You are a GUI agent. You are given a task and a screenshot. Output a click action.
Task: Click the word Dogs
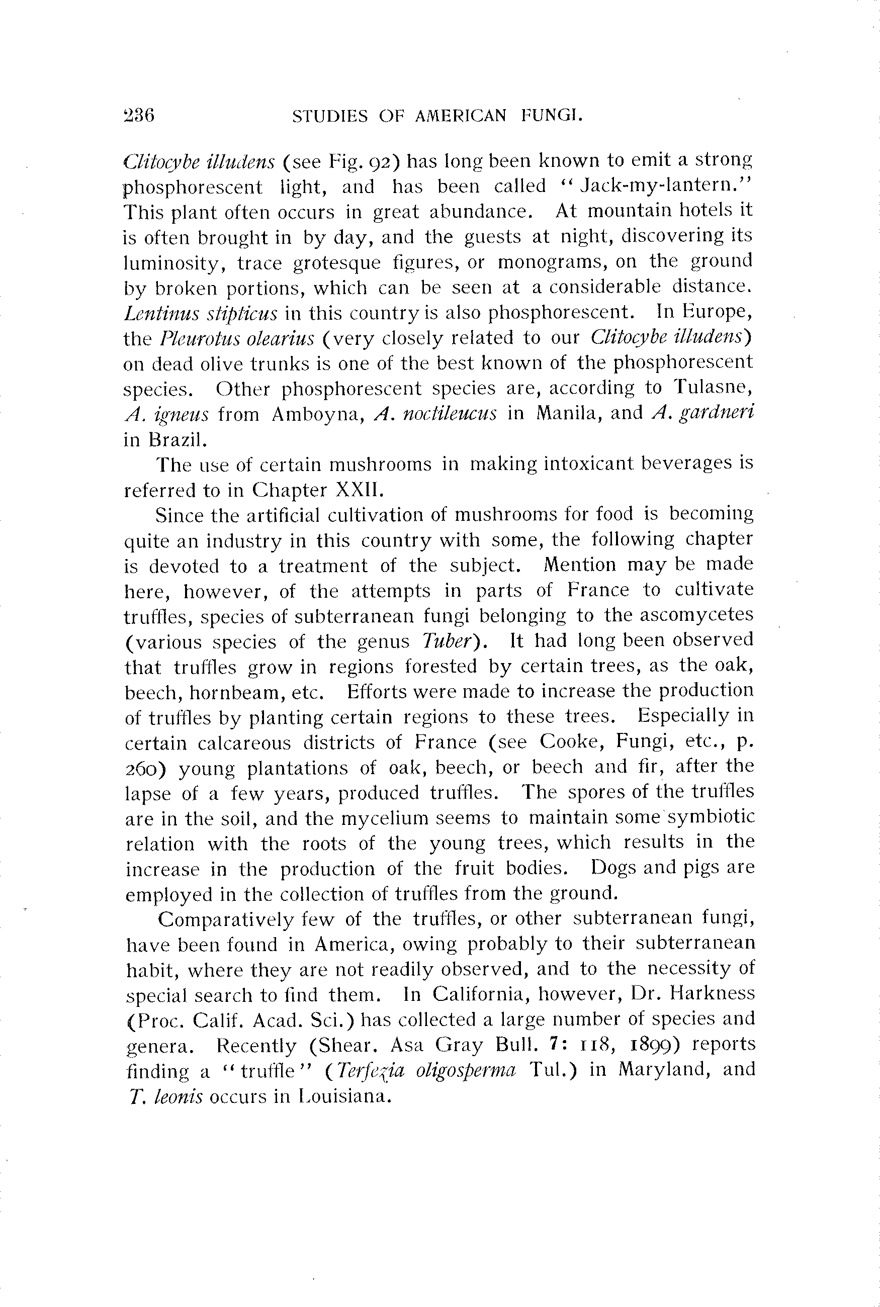(x=612, y=868)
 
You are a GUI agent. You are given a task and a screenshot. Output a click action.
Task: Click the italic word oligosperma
(x=465, y=1070)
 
